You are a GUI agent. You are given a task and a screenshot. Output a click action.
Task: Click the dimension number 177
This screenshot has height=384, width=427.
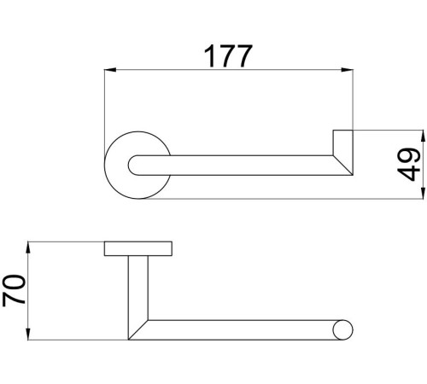228,56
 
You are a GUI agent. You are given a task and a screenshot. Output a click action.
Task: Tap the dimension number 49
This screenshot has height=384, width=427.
409,165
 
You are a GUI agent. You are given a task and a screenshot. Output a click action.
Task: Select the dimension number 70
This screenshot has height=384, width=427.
14,290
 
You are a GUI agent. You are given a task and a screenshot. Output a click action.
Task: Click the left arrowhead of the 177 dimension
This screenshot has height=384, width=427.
110,70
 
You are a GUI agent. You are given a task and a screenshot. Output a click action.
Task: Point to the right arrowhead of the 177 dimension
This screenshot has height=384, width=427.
348,70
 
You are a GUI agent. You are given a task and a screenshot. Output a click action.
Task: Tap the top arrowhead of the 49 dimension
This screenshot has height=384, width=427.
422,137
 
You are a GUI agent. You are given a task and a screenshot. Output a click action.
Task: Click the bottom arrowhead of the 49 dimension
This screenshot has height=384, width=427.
422,193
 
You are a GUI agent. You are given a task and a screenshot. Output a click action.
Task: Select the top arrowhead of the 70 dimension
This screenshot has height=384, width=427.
28,247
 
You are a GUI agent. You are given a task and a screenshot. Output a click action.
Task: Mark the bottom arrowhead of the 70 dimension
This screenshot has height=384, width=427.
28,334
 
